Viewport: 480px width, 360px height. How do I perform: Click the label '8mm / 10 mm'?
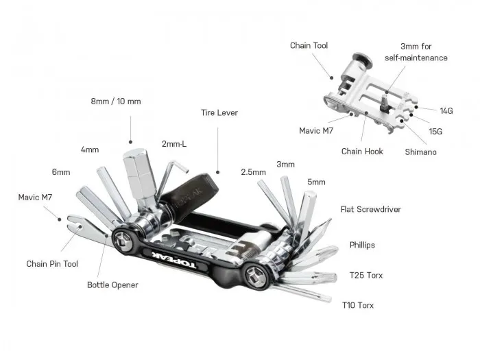115,101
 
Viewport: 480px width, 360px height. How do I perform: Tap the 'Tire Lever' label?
219,112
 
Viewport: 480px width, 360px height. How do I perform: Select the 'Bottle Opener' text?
112,285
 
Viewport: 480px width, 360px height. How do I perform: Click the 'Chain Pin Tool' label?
51,263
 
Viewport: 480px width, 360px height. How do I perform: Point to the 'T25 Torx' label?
365,276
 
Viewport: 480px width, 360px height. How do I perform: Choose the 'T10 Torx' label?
358,304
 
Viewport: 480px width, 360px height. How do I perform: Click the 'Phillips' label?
361,245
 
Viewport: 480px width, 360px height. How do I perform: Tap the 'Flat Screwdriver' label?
370,209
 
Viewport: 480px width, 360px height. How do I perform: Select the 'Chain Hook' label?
362,151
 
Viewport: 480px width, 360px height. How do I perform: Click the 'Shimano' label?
420,152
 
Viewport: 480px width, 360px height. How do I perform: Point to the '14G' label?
446,110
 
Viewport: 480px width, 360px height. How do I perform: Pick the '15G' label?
435,130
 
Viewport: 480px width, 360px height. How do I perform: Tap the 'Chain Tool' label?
309,46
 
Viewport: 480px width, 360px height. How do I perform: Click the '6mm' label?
60,172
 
